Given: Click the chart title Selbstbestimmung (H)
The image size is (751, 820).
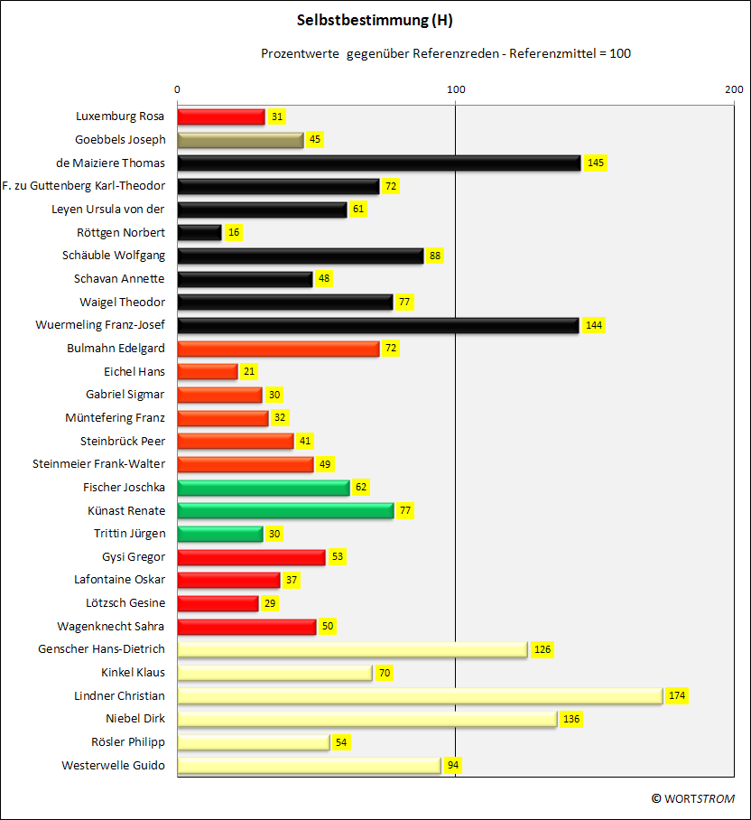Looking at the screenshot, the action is coord(375,21).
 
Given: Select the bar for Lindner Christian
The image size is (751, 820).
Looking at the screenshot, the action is coord(421,696).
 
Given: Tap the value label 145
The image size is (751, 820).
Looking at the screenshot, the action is coord(596,163).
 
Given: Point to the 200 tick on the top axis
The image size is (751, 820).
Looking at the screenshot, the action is coord(734,89).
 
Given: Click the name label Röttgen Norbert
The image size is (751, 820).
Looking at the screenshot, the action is coord(121,233).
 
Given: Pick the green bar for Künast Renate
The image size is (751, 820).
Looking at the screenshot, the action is coord(285,510).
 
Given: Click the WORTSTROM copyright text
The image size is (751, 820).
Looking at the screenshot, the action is coord(693,798).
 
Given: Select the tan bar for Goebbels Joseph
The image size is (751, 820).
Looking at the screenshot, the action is coord(240,140).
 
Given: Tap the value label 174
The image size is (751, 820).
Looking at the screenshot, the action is coord(677,695).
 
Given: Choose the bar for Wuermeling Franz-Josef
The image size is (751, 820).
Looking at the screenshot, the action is coord(378,325).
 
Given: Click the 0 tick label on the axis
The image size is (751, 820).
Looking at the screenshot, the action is coord(177,89).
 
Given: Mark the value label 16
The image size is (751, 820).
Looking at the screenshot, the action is coord(234,232).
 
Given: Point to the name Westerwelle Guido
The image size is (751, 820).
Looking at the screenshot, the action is coord(113,766).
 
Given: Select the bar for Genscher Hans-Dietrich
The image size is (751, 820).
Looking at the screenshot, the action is coord(353,649).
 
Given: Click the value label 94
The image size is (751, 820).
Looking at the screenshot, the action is coord(453,765).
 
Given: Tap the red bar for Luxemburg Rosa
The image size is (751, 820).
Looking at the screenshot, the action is coord(221,116).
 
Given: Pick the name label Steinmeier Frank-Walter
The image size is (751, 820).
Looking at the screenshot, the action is coord(98,464).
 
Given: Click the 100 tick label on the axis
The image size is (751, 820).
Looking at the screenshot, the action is coord(456,89).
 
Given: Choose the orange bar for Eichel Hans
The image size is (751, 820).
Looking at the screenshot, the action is coord(208,372).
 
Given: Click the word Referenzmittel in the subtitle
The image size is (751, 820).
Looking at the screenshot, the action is coord(552,53).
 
